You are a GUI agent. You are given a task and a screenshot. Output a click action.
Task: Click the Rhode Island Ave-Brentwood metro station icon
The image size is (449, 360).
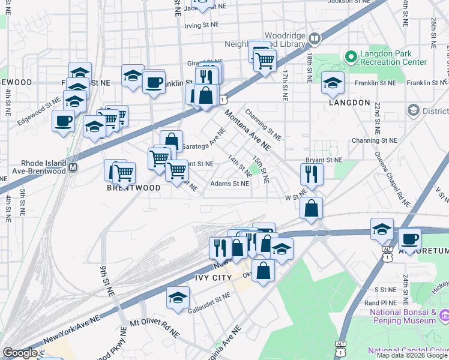point(73,167)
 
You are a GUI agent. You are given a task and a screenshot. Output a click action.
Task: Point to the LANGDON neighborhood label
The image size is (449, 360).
point(349,103)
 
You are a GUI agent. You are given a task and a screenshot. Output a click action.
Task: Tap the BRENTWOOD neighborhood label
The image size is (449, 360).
point(134,188)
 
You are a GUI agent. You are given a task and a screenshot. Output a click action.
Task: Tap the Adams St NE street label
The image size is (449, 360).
point(229,184)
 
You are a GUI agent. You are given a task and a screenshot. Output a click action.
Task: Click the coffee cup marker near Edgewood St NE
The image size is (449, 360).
point(63,122)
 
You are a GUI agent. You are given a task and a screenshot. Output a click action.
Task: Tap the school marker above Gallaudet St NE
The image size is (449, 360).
point(178,298)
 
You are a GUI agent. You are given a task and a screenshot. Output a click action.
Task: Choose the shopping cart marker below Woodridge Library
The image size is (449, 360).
point(265,60)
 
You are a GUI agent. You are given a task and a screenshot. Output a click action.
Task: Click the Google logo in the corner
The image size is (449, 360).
point(20,353)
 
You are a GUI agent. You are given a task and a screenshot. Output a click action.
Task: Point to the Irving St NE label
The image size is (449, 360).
point(200,26)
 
